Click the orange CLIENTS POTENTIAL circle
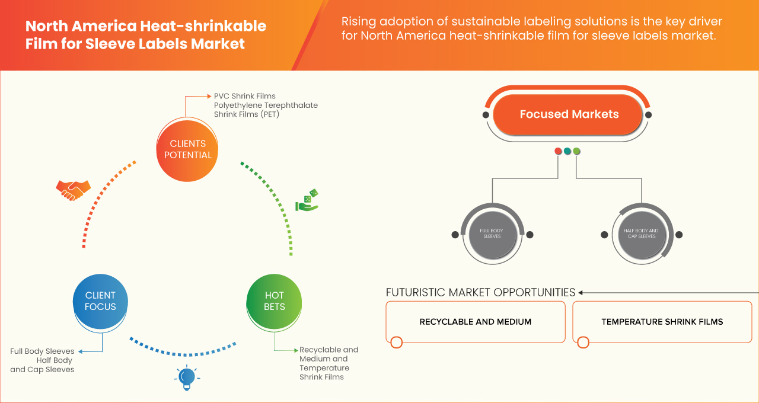pyautogui.click(x=188, y=149)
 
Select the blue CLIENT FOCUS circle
pyautogui.click(x=100, y=301)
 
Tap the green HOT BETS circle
pyautogui.click(x=275, y=301)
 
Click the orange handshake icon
pyautogui.click(x=73, y=189)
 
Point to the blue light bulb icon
pyautogui.click(x=187, y=378)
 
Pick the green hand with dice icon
pyautogui.click(x=307, y=200)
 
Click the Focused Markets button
pyautogui.click(x=569, y=114)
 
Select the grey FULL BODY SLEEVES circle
pyautogui.click(x=492, y=234)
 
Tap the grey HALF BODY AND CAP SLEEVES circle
pyautogui.click(x=641, y=234)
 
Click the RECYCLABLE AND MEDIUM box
pyautogui.click(x=476, y=322)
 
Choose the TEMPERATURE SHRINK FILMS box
pyautogui.click(x=662, y=322)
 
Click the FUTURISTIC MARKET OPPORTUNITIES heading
pyautogui.click(x=480, y=292)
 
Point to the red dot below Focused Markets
pyautogui.click(x=558, y=151)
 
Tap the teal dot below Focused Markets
pyautogui.click(x=567, y=151)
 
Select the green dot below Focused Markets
pyautogui.click(x=576, y=151)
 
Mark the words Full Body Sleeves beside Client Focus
pyautogui.click(x=42, y=351)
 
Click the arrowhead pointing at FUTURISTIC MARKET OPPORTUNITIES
pyautogui.click(x=581, y=292)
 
